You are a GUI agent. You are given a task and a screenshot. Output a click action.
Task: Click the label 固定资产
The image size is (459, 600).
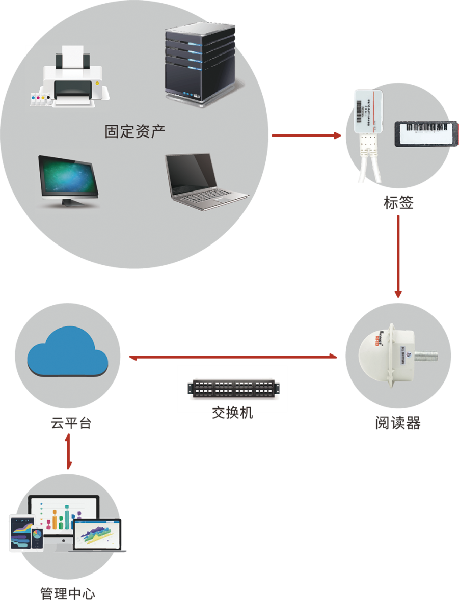click(135, 131)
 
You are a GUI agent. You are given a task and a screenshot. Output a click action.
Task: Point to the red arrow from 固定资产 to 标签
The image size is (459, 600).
click(306, 135)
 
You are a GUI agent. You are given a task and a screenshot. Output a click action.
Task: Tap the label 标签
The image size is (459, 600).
click(398, 202)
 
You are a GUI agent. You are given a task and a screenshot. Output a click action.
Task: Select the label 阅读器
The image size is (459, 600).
click(398, 423)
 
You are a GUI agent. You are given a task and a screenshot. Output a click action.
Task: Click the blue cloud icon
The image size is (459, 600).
click(67, 351)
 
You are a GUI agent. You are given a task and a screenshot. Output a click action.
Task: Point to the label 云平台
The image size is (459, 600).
click(71, 423)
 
